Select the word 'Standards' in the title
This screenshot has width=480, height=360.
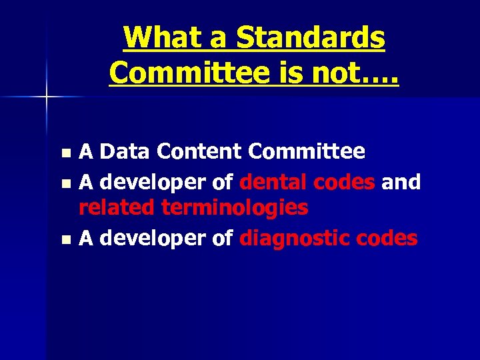311,39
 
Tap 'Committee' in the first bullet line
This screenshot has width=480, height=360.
307,152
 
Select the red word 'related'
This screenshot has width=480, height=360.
117,208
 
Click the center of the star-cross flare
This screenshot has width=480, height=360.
47,98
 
